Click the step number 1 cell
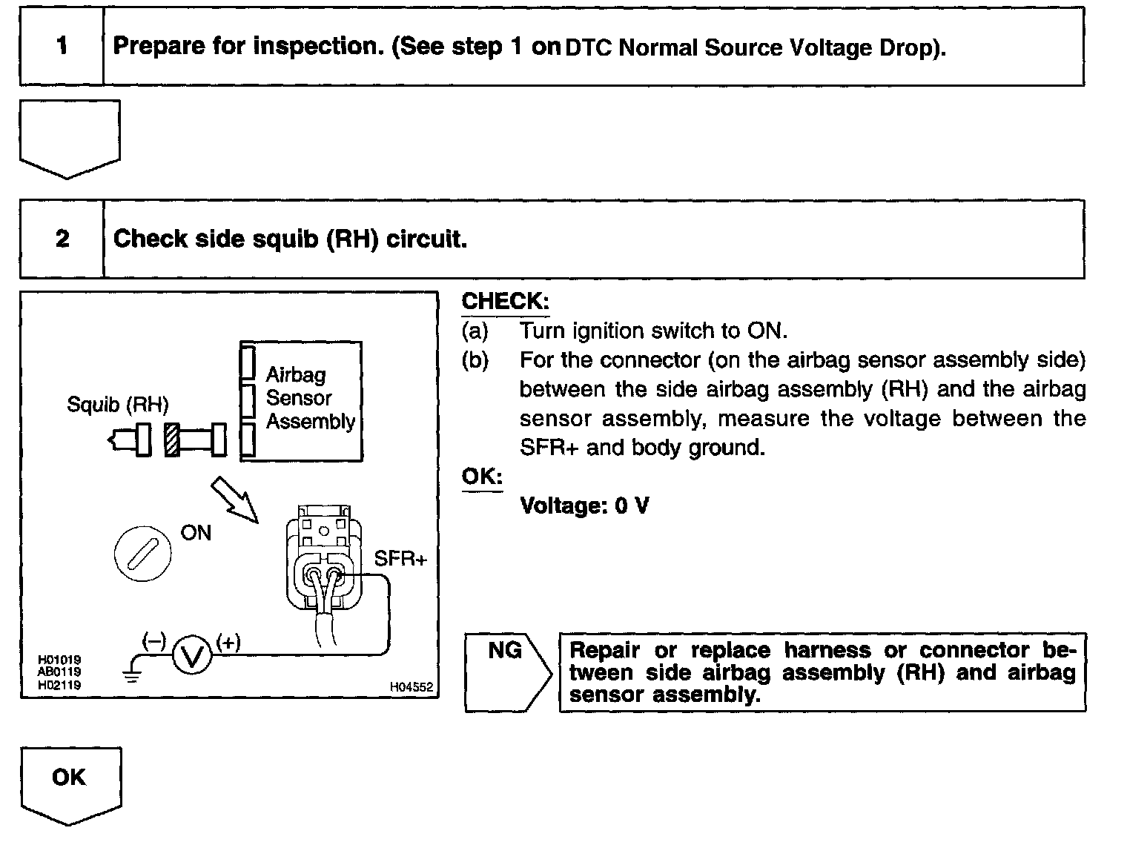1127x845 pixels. (62, 47)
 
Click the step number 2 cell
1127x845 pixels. (62, 239)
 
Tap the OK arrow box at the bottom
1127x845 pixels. (70, 782)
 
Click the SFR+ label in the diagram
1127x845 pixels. (400, 559)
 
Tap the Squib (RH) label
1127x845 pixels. (118, 405)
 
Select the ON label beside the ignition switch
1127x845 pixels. (196, 533)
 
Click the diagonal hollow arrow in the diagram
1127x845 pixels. (234, 500)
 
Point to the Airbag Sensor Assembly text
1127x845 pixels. (310, 398)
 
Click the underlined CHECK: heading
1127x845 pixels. (505, 301)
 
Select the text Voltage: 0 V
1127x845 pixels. (584, 506)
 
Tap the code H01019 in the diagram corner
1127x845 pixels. (60, 660)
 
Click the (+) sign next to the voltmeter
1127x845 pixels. (228, 643)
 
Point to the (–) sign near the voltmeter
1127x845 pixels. (154, 643)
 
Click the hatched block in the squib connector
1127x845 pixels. (172, 440)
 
